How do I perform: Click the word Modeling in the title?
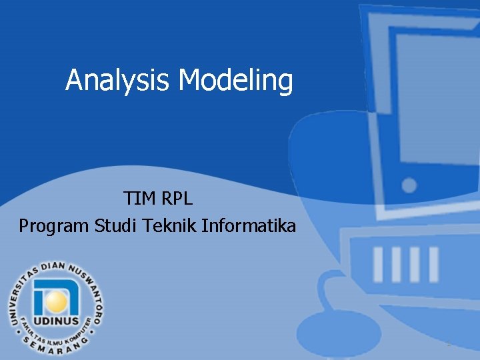236,81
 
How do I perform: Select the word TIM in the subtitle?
138,199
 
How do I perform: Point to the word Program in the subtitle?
53,226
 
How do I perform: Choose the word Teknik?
170,226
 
